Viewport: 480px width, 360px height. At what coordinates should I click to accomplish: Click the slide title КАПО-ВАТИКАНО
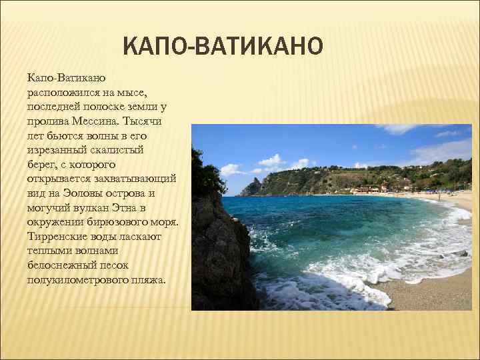pyautogui.click(x=223, y=47)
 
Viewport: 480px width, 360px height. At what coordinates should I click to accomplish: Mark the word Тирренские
pyautogui.click(x=56, y=237)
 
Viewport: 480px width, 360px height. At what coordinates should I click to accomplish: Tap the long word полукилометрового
pyautogui.click(x=73, y=280)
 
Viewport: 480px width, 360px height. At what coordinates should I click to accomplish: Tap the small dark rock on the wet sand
pyautogui.click(x=462, y=254)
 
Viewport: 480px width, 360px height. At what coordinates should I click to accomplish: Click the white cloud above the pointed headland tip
pyautogui.click(x=272, y=161)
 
